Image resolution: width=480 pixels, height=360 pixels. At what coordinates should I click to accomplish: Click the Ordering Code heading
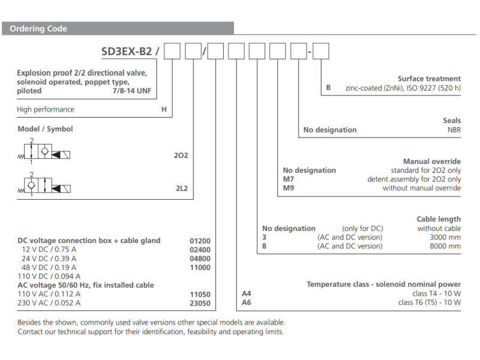38,29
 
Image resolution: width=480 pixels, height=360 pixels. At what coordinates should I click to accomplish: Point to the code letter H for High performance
164,110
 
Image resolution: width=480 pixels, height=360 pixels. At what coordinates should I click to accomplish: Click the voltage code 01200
200,241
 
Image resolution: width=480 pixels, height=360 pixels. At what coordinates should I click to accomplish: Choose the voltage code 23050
200,303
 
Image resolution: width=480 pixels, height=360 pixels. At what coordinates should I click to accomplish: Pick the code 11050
200,294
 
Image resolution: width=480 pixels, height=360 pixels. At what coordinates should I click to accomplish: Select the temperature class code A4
246,293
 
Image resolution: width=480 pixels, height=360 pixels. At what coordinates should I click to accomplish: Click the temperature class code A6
246,302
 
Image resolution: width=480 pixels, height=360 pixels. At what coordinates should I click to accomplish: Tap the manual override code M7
289,179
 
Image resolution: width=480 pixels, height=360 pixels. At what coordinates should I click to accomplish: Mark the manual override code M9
289,188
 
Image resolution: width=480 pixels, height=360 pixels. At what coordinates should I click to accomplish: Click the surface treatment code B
328,88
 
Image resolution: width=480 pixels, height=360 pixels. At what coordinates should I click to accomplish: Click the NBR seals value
454,130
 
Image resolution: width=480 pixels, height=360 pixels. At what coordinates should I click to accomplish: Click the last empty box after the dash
321,52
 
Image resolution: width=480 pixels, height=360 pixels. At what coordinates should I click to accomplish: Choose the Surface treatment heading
429,79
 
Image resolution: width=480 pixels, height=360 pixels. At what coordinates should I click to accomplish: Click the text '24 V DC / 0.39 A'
50,259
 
